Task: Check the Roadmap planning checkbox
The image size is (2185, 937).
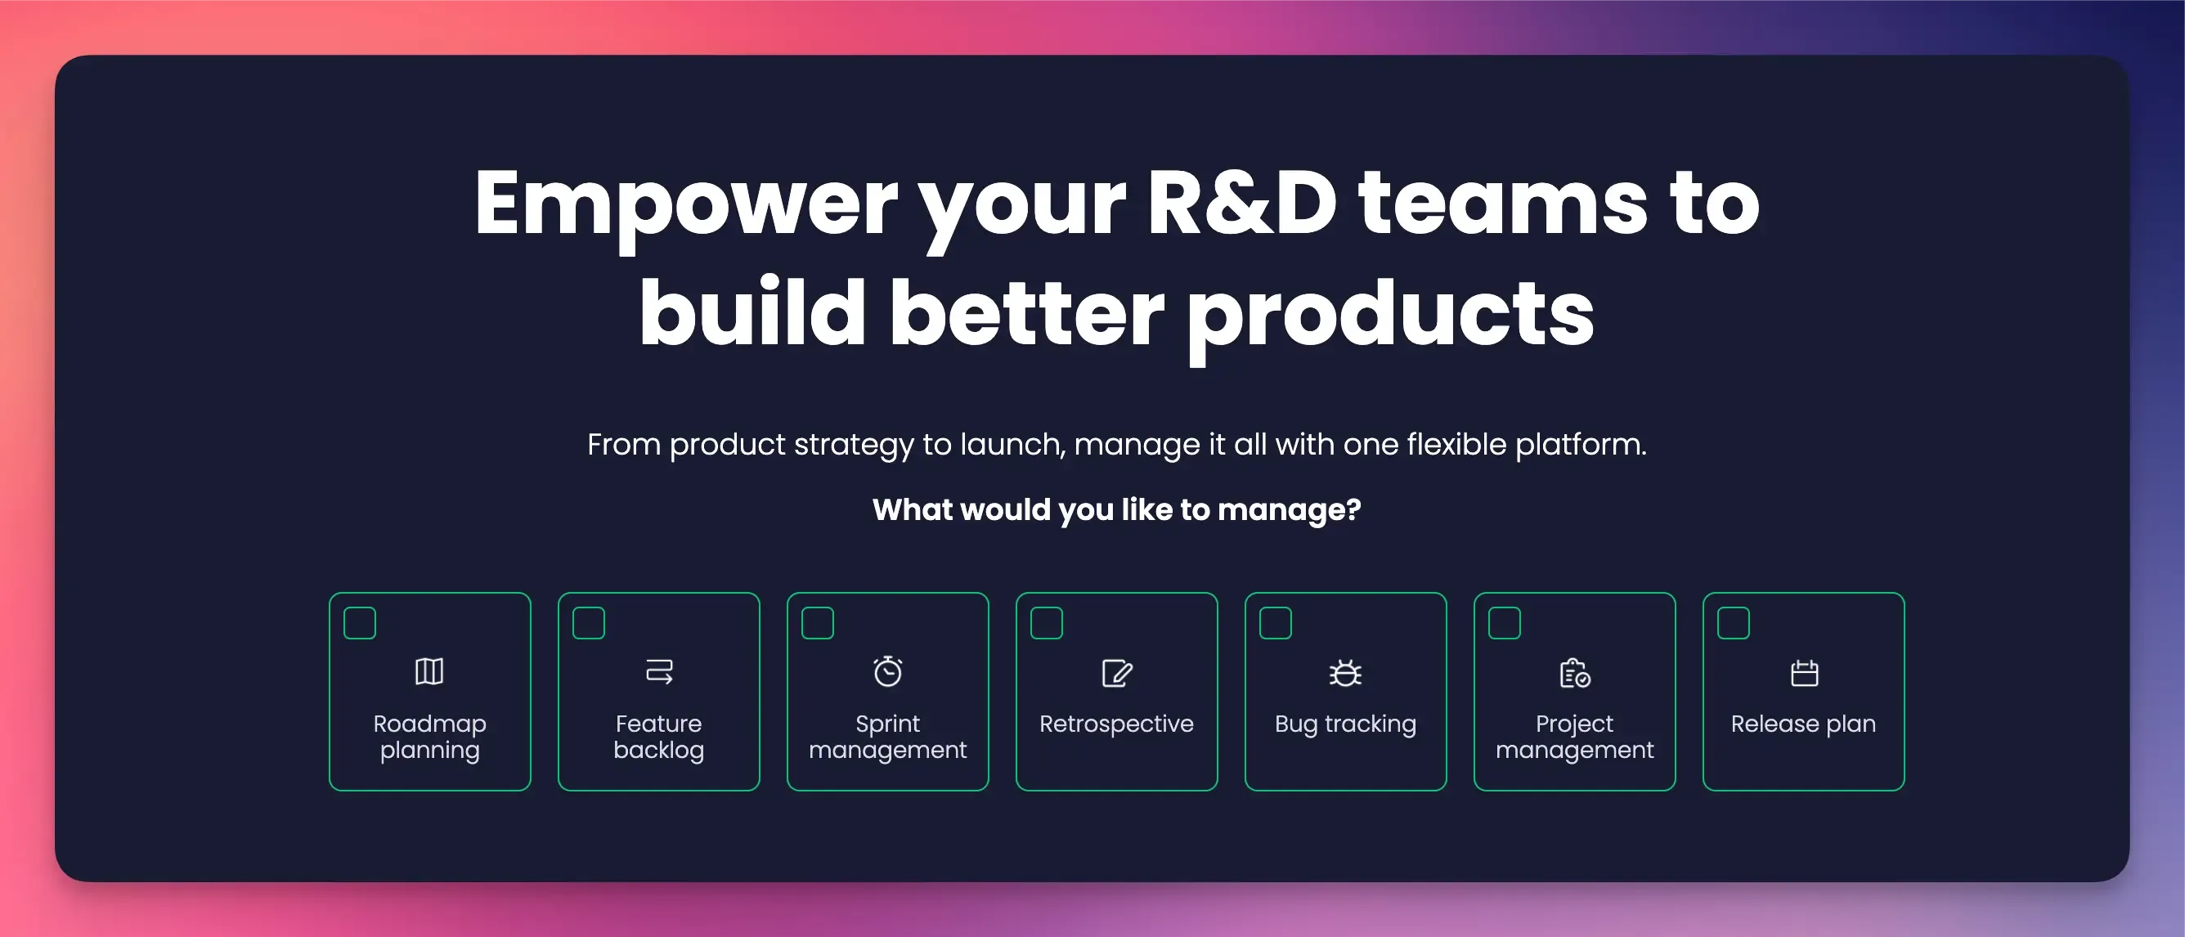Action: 360,623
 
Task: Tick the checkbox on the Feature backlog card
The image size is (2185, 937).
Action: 589,623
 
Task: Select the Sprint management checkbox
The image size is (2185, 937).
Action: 818,623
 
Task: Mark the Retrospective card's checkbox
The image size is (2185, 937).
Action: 1047,623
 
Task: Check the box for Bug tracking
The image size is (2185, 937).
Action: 1276,623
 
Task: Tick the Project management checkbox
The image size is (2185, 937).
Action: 1505,623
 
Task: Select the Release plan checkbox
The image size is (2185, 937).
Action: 1734,623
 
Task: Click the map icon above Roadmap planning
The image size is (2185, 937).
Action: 429,671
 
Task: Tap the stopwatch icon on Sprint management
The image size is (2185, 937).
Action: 888,671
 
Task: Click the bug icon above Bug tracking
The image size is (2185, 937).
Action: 1345,672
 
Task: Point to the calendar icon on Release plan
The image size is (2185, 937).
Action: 1804,673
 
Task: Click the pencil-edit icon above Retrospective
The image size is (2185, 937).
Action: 1117,673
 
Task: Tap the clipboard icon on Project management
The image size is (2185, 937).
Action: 1575,673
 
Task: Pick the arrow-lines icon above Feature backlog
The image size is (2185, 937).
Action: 659,671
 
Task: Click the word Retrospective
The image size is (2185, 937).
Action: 1116,724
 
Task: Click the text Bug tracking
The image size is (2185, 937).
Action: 1345,724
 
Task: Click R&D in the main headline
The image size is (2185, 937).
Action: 1242,204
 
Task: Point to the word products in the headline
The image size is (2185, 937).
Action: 1390,316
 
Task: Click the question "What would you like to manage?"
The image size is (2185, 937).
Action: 1116,509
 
